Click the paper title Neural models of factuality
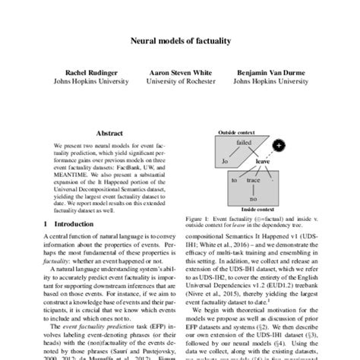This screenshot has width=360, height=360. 180,46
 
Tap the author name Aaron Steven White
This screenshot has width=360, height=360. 180,75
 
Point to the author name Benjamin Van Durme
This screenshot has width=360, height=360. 265,75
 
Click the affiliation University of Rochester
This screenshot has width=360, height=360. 180,84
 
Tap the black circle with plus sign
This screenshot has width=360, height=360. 279,146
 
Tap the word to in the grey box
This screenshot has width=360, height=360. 235,181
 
